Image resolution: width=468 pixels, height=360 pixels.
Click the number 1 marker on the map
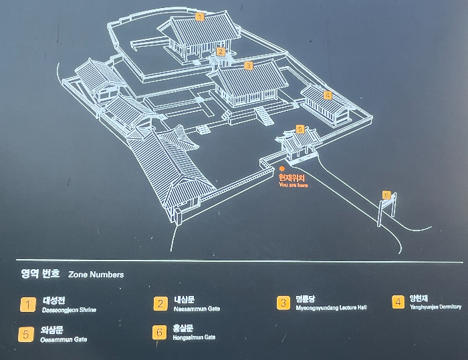click(199, 16)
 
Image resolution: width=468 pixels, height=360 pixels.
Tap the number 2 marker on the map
click(221, 51)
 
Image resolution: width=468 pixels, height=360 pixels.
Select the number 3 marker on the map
click(248, 65)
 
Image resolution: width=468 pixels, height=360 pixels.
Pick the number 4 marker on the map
click(328, 95)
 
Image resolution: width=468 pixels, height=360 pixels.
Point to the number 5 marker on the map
click(300, 128)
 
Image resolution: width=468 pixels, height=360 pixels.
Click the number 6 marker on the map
click(386, 194)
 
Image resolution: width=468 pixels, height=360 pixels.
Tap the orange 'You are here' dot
click(283, 169)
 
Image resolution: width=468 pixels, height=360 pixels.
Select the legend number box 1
click(27, 305)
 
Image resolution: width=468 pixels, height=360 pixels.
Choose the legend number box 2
click(160, 304)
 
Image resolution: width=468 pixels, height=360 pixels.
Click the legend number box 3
click(283, 303)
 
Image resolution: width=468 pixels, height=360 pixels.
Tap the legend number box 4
click(398, 302)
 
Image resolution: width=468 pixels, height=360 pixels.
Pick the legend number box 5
click(26, 334)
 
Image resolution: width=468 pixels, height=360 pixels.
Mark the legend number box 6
click(159, 332)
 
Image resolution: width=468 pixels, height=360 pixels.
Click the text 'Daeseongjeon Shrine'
click(70, 311)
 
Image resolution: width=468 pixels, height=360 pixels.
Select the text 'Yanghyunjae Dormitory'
click(436, 307)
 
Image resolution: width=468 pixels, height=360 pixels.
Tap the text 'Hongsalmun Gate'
click(194, 338)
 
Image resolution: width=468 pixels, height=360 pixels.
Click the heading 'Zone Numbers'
click(96, 275)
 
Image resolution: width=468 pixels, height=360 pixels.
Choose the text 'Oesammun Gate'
click(64, 340)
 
